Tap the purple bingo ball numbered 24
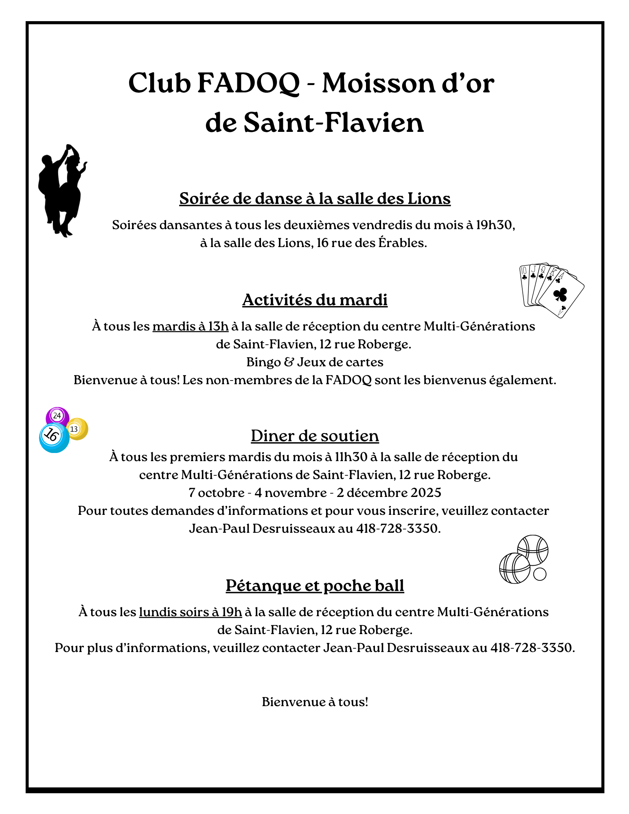(x=57, y=416)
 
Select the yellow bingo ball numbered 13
(x=77, y=429)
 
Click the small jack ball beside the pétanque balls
(x=539, y=574)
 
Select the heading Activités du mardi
(x=315, y=300)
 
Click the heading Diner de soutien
(x=315, y=436)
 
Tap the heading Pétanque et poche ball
(x=315, y=586)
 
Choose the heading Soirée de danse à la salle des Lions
(x=315, y=199)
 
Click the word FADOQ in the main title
(x=248, y=83)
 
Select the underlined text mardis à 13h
(x=190, y=326)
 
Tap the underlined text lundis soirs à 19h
(x=190, y=612)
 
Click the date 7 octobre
(x=216, y=493)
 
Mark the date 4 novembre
(x=290, y=493)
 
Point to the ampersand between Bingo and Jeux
(x=289, y=362)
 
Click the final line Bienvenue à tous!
(x=315, y=702)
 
